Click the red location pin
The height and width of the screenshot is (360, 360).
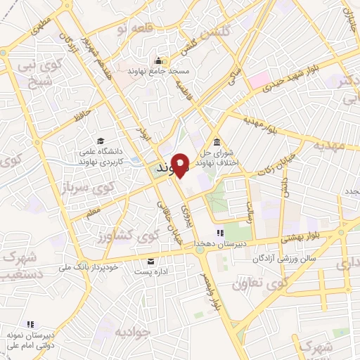(181, 165)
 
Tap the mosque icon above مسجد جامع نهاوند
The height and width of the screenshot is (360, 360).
(160, 60)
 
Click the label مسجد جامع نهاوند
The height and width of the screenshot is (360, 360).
(160, 71)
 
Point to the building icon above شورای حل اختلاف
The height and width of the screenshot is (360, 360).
(216, 140)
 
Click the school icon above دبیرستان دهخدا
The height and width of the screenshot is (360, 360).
(220, 232)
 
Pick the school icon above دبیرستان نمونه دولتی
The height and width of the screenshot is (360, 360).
(30, 324)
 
